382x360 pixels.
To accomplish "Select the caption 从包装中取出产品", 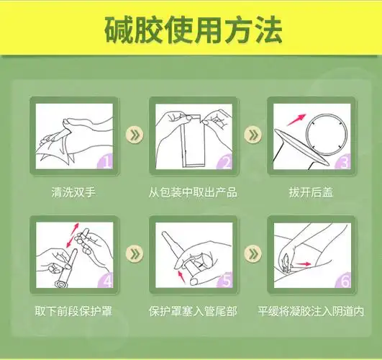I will click(193, 193).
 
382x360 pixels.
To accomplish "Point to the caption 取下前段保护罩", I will click(73, 312).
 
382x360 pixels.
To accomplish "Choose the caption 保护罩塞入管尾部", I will click(192, 312).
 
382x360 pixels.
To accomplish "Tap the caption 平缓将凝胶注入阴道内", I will click(311, 312).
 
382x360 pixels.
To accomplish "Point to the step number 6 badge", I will click(342, 281).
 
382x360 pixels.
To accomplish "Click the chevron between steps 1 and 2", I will click(132, 135).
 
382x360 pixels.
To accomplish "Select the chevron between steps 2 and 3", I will click(252, 135).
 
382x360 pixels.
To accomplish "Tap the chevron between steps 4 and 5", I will click(132, 253).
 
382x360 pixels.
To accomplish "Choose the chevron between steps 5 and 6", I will click(252, 253).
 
